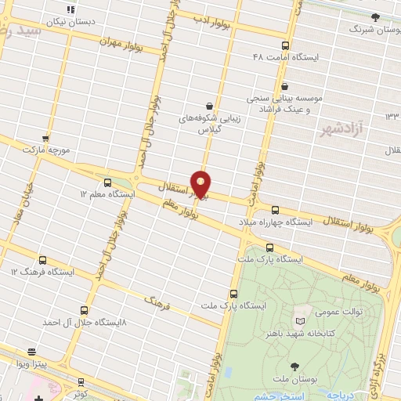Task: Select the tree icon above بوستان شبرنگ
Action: (x=375, y=16)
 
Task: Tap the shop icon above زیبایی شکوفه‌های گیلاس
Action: (x=209, y=105)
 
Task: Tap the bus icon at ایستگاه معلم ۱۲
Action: (x=85, y=192)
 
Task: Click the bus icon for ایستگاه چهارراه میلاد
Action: (x=274, y=210)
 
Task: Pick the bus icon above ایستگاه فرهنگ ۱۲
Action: (x=42, y=260)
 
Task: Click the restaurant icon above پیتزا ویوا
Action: (x=31, y=352)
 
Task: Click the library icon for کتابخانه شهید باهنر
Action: (x=299, y=320)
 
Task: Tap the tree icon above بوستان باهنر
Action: (x=294, y=366)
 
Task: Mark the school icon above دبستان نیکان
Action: (x=71, y=9)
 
